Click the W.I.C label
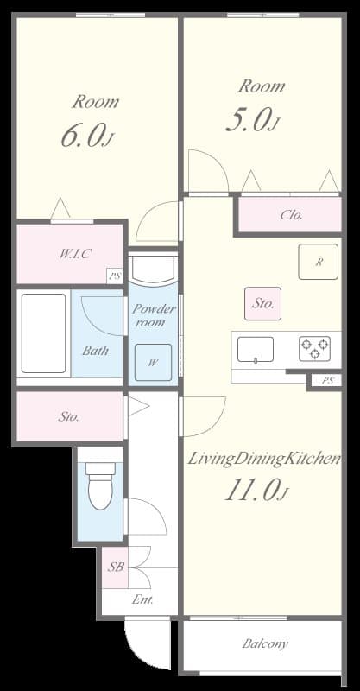[75, 253]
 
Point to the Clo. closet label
[291, 215]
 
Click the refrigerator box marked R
[318, 262]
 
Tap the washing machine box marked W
[153, 362]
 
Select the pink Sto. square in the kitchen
[262, 304]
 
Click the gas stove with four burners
[314, 348]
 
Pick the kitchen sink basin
[256, 349]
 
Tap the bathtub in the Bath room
[42, 333]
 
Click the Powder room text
[154, 315]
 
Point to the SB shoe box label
[115, 567]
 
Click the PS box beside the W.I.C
[114, 276]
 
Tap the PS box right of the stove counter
[325, 380]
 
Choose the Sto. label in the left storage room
[69, 417]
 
